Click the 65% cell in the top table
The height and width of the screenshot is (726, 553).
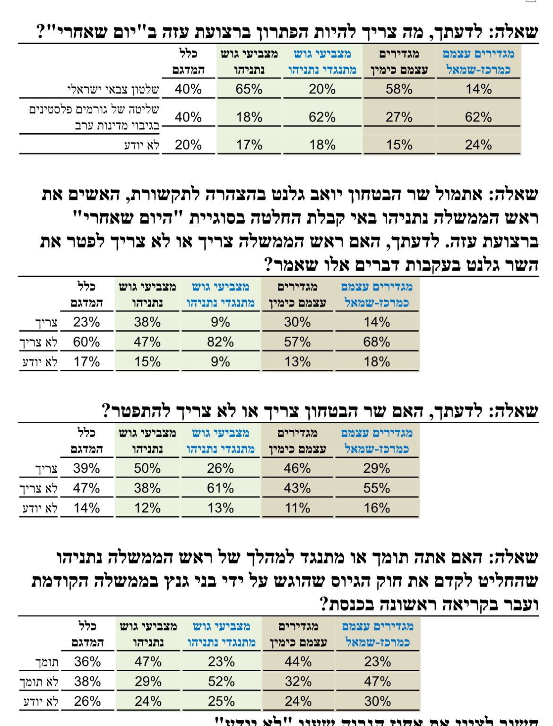pos(249,89)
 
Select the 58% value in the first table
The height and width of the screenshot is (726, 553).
pos(399,89)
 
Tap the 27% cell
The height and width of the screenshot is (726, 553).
pos(399,117)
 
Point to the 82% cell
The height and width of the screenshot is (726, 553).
pos(220,342)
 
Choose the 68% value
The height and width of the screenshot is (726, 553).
pos(377,342)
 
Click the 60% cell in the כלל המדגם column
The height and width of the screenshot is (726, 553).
pos(86,342)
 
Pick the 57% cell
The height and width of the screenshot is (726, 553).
pos(297,342)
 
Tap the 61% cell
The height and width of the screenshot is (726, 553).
pos(220,488)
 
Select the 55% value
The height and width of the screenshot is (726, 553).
pos(377,488)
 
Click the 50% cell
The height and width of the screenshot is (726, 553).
pos(147,468)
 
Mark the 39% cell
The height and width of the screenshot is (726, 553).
pos(86,468)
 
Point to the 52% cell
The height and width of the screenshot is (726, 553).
pos(221,682)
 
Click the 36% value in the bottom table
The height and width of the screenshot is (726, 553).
pos(87,662)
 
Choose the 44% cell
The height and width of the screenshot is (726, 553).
pos(298,662)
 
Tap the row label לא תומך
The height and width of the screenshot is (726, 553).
pos(40,682)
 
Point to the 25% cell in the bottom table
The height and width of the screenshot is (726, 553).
pos(221,701)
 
